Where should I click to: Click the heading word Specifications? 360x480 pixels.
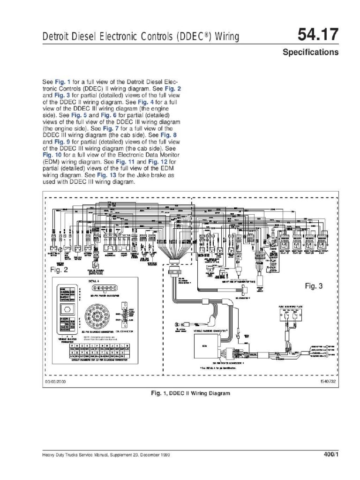click(x=310, y=52)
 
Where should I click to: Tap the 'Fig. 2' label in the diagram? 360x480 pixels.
click(x=59, y=270)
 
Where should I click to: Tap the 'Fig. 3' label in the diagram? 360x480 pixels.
click(x=315, y=285)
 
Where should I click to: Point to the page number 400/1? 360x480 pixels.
click(x=330, y=455)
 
